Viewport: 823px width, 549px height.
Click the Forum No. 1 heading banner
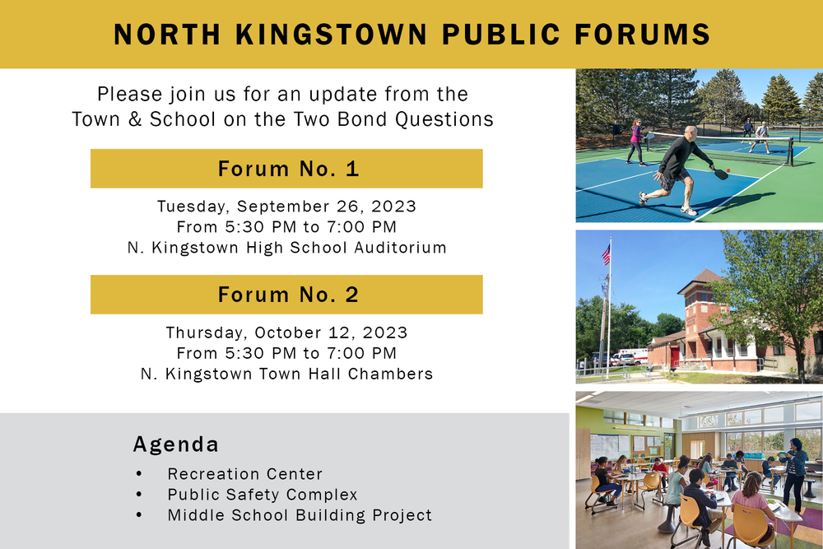pos(286,169)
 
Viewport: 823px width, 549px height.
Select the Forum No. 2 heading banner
pos(286,295)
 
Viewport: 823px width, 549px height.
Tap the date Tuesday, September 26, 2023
pos(286,206)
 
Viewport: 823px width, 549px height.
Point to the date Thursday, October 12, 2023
pos(286,333)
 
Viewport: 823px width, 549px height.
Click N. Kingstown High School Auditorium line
pos(286,247)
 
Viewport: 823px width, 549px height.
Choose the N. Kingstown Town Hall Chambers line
pos(286,374)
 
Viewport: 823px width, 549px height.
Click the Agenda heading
pos(176,444)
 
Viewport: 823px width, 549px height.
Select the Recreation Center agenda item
pos(244,474)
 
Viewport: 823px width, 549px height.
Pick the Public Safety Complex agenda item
pos(263,495)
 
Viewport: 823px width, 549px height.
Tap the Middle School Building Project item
pos(300,515)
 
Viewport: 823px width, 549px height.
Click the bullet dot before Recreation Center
pos(138,474)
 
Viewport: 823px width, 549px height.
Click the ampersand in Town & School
pos(133,119)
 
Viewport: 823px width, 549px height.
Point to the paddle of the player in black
pos(721,174)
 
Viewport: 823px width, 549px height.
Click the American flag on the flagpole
pos(607,254)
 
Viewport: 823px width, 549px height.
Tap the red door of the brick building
pos(675,356)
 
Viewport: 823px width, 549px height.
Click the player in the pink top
pos(635,141)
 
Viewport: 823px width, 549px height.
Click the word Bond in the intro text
pos(360,119)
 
